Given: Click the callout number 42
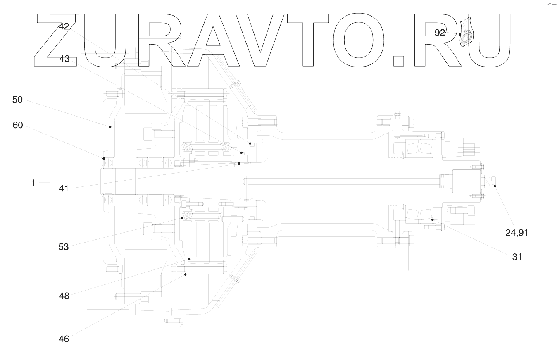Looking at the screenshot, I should [64, 26].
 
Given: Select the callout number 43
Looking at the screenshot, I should [64, 59].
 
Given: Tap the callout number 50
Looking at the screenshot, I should [17, 100].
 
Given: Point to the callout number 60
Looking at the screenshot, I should [17, 125].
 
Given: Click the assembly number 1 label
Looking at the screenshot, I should [33, 183].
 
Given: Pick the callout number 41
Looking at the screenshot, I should [64, 189].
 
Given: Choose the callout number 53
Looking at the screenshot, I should [64, 247].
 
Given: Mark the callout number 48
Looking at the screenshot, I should [64, 296].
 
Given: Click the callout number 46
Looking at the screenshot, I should [64, 339].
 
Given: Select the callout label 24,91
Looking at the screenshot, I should [517, 233].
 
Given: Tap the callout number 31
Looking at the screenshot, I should [517, 257].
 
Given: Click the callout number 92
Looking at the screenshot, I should [440, 33].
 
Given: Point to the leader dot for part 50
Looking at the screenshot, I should [110, 127].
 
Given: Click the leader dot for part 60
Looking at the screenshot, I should [104, 158].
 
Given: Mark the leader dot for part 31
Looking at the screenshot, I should [433, 219].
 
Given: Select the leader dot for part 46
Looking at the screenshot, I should [186, 274].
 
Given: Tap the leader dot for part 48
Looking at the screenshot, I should [190, 259].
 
